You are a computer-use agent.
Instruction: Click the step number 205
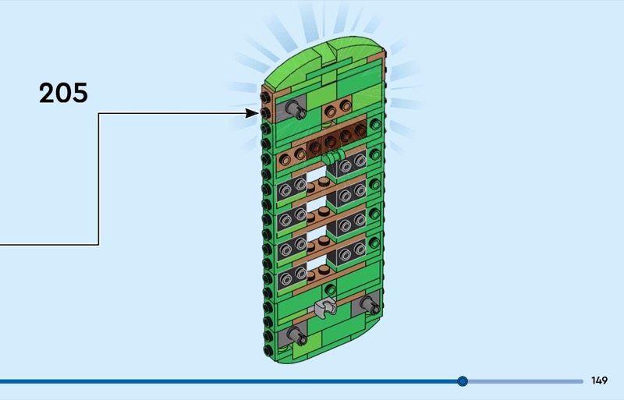(63, 94)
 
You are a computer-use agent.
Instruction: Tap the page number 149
(599, 381)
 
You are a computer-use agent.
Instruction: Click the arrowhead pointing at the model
(252, 113)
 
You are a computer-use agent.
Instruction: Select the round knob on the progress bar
(463, 381)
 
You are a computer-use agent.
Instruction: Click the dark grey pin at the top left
(295, 109)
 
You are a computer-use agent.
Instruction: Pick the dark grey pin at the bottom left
(296, 335)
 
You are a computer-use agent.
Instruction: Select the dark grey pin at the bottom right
(366, 305)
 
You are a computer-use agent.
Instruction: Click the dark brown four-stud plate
(336, 141)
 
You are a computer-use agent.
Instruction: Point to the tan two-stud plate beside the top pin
(339, 110)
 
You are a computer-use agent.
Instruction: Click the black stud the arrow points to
(266, 112)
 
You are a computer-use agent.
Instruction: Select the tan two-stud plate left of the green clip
(293, 157)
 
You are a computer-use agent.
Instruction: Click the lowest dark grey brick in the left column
(293, 277)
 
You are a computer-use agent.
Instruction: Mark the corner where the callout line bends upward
(99, 245)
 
